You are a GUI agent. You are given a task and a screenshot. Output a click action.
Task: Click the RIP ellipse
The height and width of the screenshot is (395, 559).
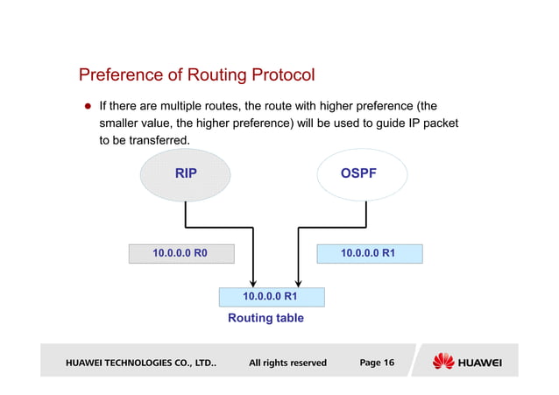pos(186,174)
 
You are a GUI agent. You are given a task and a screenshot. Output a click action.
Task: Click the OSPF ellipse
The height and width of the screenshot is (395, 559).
pos(358,174)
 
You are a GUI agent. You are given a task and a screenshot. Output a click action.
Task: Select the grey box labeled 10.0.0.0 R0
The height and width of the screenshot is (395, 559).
pos(180,254)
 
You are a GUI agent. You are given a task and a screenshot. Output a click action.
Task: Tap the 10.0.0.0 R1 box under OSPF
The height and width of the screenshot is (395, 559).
pos(368,254)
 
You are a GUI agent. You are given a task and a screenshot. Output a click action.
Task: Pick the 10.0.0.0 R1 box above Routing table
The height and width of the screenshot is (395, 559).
pos(271,297)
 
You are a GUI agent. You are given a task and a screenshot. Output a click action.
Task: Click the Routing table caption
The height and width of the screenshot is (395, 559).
pos(265,318)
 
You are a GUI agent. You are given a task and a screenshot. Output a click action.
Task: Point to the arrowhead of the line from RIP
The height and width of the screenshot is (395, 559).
pos(253,280)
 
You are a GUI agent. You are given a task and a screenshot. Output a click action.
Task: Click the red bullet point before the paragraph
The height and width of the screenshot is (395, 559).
pos(88,106)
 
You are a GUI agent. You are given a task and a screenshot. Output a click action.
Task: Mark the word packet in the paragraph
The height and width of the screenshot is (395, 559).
pos(438,123)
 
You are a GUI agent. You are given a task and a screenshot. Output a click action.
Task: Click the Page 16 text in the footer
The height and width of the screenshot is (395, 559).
pos(377,363)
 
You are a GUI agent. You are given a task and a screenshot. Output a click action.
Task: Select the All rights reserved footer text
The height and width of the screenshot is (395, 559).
pos(287,363)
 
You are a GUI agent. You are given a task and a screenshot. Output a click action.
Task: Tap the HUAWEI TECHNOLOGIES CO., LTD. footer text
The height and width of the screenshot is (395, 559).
pos(140,363)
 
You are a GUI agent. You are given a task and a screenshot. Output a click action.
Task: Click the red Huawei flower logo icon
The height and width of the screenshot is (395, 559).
pos(444,362)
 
